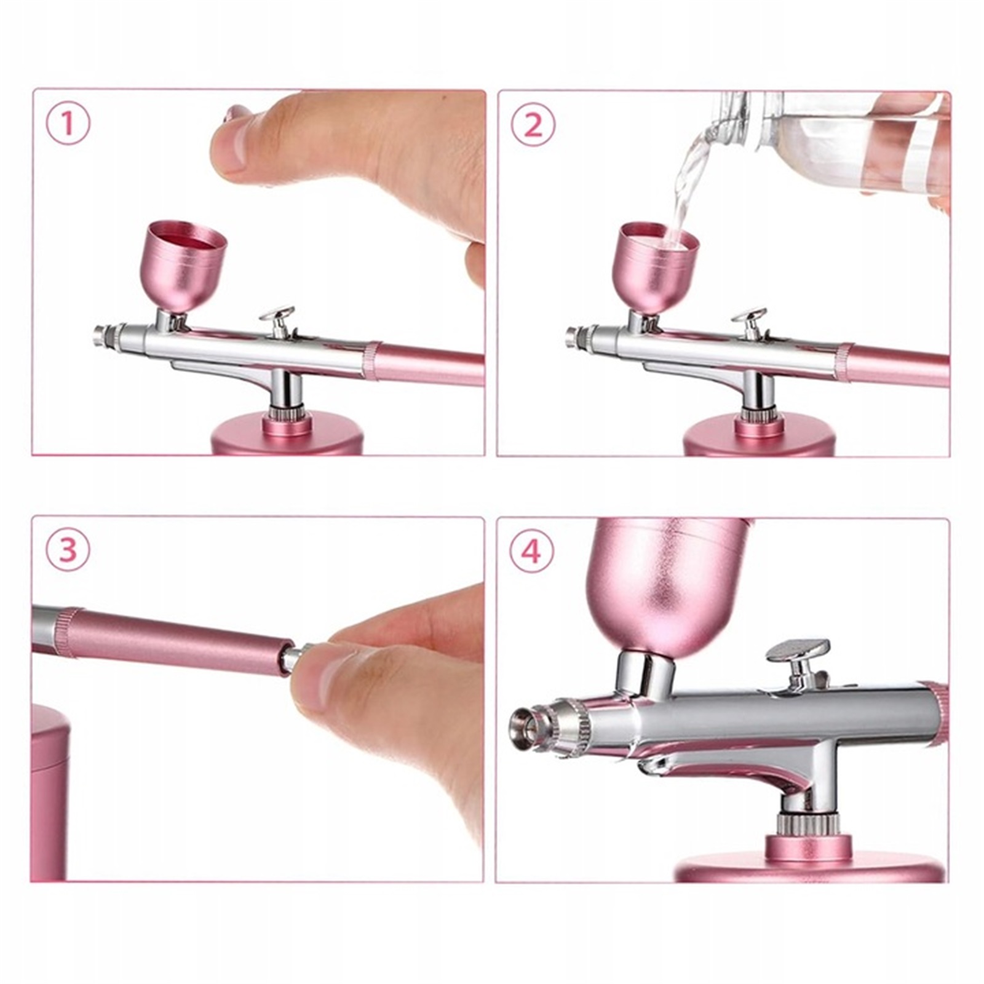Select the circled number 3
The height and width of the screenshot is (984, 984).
tap(68, 549)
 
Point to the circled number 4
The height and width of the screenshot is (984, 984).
tap(533, 550)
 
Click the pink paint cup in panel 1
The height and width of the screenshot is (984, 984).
tap(186, 265)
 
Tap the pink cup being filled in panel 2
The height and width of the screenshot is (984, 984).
tap(658, 265)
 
